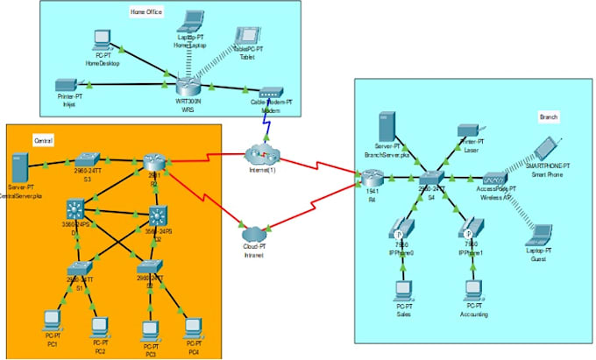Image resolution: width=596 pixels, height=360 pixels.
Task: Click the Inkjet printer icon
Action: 64,86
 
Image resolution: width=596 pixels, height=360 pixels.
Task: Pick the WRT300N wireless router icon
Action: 188,86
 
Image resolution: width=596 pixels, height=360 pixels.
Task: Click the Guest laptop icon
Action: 541,233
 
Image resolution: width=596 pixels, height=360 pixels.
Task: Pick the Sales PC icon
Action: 403,289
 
